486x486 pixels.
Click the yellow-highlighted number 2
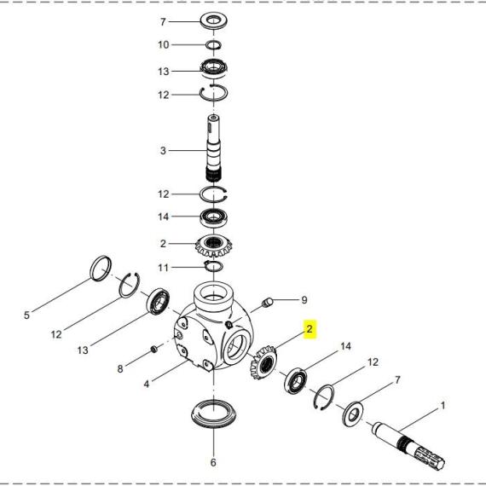point(310,329)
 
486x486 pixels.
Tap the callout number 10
point(164,45)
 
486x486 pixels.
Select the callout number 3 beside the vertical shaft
point(163,151)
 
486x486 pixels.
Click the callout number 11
point(164,268)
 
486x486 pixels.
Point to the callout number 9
point(304,300)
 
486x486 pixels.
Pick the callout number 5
point(26,315)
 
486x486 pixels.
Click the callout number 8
point(120,369)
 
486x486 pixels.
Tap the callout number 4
point(147,384)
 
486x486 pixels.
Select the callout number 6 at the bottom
point(213,462)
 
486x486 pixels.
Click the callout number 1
point(443,405)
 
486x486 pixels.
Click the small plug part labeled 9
point(268,302)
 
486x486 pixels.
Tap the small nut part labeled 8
point(153,350)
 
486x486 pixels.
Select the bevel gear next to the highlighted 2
point(263,363)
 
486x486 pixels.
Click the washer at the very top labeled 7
point(214,21)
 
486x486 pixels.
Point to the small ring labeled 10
point(213,45)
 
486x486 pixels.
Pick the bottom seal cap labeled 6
point(214,414)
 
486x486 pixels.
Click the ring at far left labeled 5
point(101,269)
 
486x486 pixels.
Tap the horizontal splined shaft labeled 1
point(409,445)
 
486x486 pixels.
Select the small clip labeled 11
point(213,266)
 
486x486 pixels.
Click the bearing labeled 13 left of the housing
point(158,302)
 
